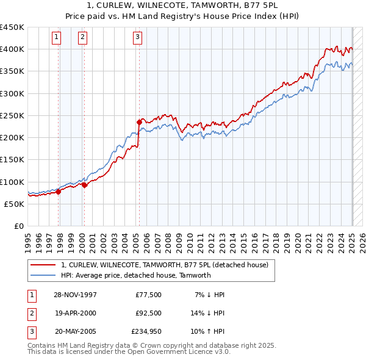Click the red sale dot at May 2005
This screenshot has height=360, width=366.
[139, 123]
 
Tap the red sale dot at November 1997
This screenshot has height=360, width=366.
[59, 192]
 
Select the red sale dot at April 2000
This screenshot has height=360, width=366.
[84, 185]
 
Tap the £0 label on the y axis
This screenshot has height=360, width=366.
[18, 226]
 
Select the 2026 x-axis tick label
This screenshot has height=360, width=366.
[362, 239]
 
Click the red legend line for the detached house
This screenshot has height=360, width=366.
[43, 265]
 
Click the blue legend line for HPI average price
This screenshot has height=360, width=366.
[43, 275]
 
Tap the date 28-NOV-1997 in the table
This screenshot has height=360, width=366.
[76, 295]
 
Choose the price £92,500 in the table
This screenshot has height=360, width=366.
[148, 314]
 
